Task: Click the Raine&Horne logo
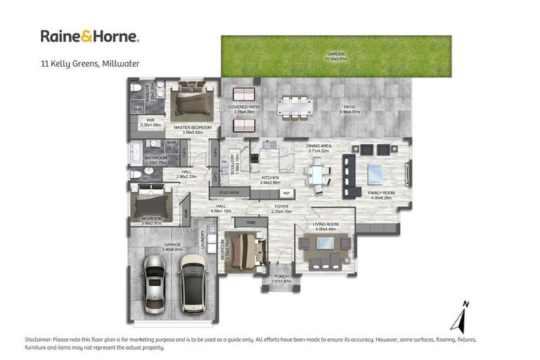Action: [89, 36]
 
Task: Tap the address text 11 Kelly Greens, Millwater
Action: [89, 63]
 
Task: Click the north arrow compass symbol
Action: [463, 317]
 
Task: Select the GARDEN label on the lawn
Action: [335, 56]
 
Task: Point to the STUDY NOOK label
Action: [229, 192]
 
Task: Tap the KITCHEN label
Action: [270, 178]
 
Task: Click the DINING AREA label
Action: [318, 146]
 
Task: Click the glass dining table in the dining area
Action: [318, 172]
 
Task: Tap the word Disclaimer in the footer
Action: [40, 340]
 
